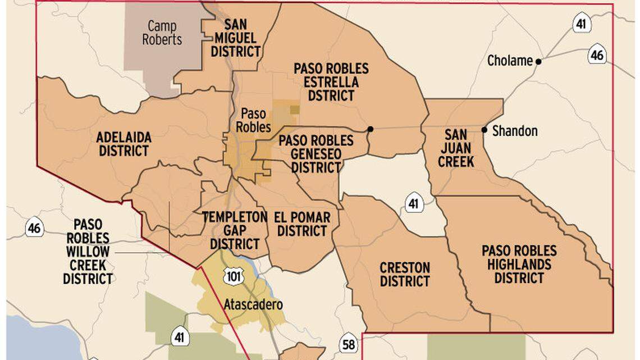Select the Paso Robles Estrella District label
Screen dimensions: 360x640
click(331, 82)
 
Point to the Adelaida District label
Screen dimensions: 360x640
click(122, 144)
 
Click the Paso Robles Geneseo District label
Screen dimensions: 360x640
click(316, 154)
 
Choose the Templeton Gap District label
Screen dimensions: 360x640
click(235, 231)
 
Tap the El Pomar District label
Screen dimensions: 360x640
click(302, 224)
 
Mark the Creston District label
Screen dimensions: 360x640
click(405, 275)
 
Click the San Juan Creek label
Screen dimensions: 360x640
click(456, 148)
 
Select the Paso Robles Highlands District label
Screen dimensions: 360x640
click(519, 265)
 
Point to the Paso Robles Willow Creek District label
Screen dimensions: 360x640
click(88, 251)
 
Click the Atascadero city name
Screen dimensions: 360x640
click(253, 305)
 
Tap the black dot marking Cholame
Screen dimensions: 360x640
click(538, 62)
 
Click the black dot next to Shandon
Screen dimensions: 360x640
click(484, 130)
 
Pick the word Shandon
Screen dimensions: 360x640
click(515, 131)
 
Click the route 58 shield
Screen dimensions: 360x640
click(349, 344)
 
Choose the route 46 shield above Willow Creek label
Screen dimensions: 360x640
click(34, 228)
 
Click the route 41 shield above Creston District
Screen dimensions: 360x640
click(414, 203)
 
